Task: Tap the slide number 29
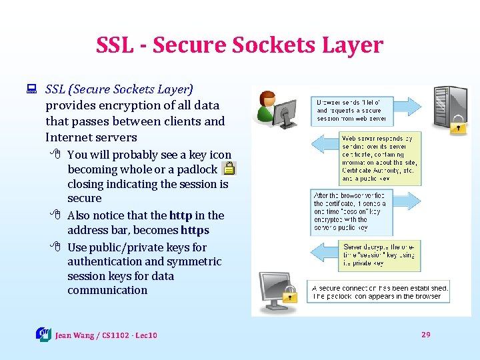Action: click(426, 334)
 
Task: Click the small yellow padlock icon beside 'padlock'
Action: click(229, 169)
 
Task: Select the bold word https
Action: click(195, 230)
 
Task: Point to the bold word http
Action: click(180, 215)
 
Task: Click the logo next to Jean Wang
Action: click(43, 334)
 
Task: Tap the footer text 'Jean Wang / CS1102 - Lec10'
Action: click(106, 335)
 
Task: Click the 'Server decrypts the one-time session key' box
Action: click(381, 255)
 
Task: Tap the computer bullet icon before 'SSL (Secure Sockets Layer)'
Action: click(30, 89)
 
